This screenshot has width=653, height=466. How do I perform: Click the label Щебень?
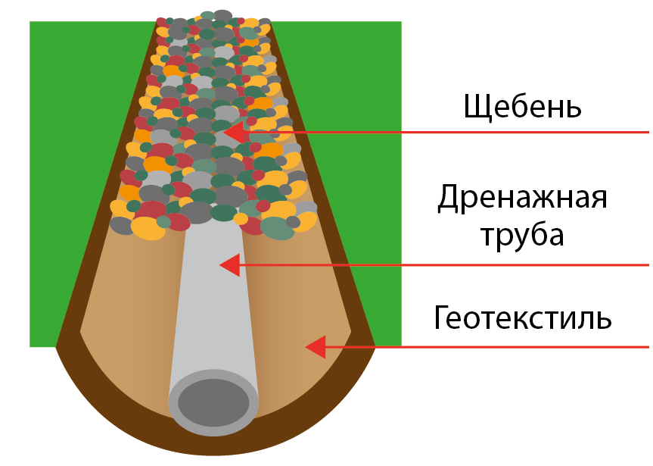[x=522, y=106]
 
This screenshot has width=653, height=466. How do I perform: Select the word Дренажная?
[x=522, y=200]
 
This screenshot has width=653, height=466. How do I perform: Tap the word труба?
[x=522, y=235]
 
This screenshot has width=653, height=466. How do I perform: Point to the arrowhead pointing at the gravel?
[x=235, y=133]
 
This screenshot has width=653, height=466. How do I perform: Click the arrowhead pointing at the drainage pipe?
[x=229, y=265]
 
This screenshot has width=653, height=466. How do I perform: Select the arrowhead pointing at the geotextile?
[x=316, y=347]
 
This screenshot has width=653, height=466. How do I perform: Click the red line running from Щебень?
[x=454, y=133]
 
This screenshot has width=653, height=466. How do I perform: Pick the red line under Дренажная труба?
[x=454, y=265]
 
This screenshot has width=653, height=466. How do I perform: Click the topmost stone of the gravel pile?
[x=222, y=15]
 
